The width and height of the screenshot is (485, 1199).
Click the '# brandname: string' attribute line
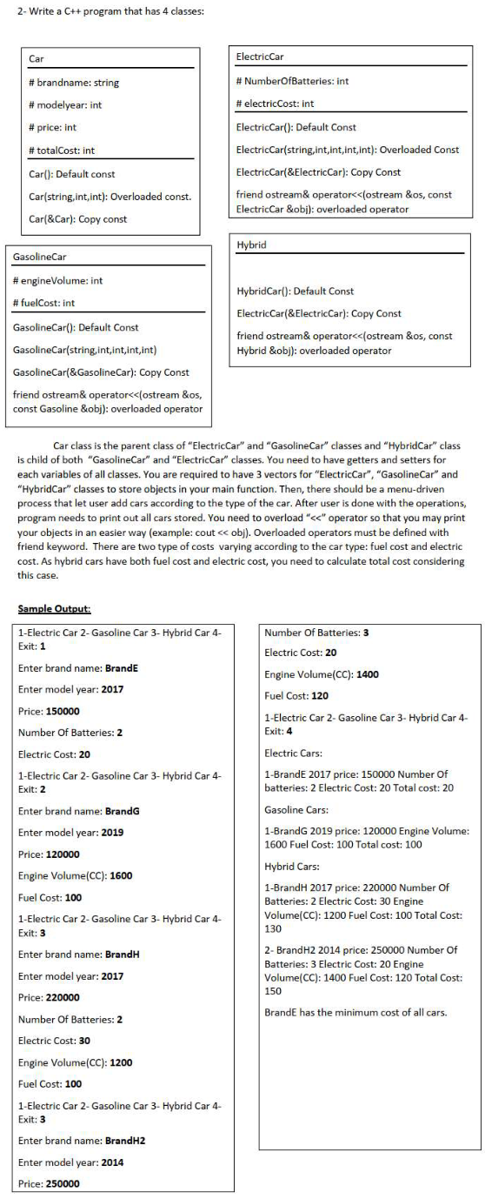click(x=74, y=84)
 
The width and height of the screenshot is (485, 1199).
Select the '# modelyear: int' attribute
click(x=65, y=105)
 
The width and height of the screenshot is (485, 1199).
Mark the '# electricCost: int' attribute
click(x=276, y=104)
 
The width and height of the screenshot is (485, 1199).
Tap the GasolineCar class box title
click(x=40, y=258)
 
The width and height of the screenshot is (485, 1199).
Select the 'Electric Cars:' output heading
click(x=291, y=753)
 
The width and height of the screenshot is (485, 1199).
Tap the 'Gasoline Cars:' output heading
click(x=294, y=809)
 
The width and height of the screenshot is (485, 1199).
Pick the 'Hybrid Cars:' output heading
click(x=290, y=867)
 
